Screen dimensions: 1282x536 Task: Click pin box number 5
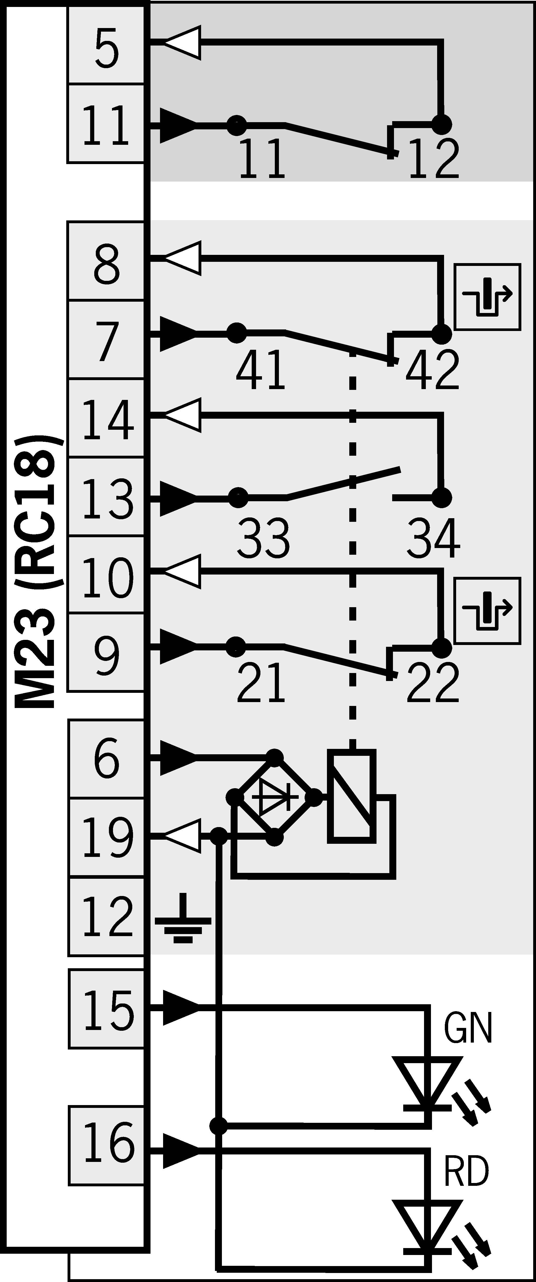tap(106, 46)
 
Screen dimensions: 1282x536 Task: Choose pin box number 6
tap(106, 759)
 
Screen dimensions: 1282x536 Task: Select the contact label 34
tap(432, 539)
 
